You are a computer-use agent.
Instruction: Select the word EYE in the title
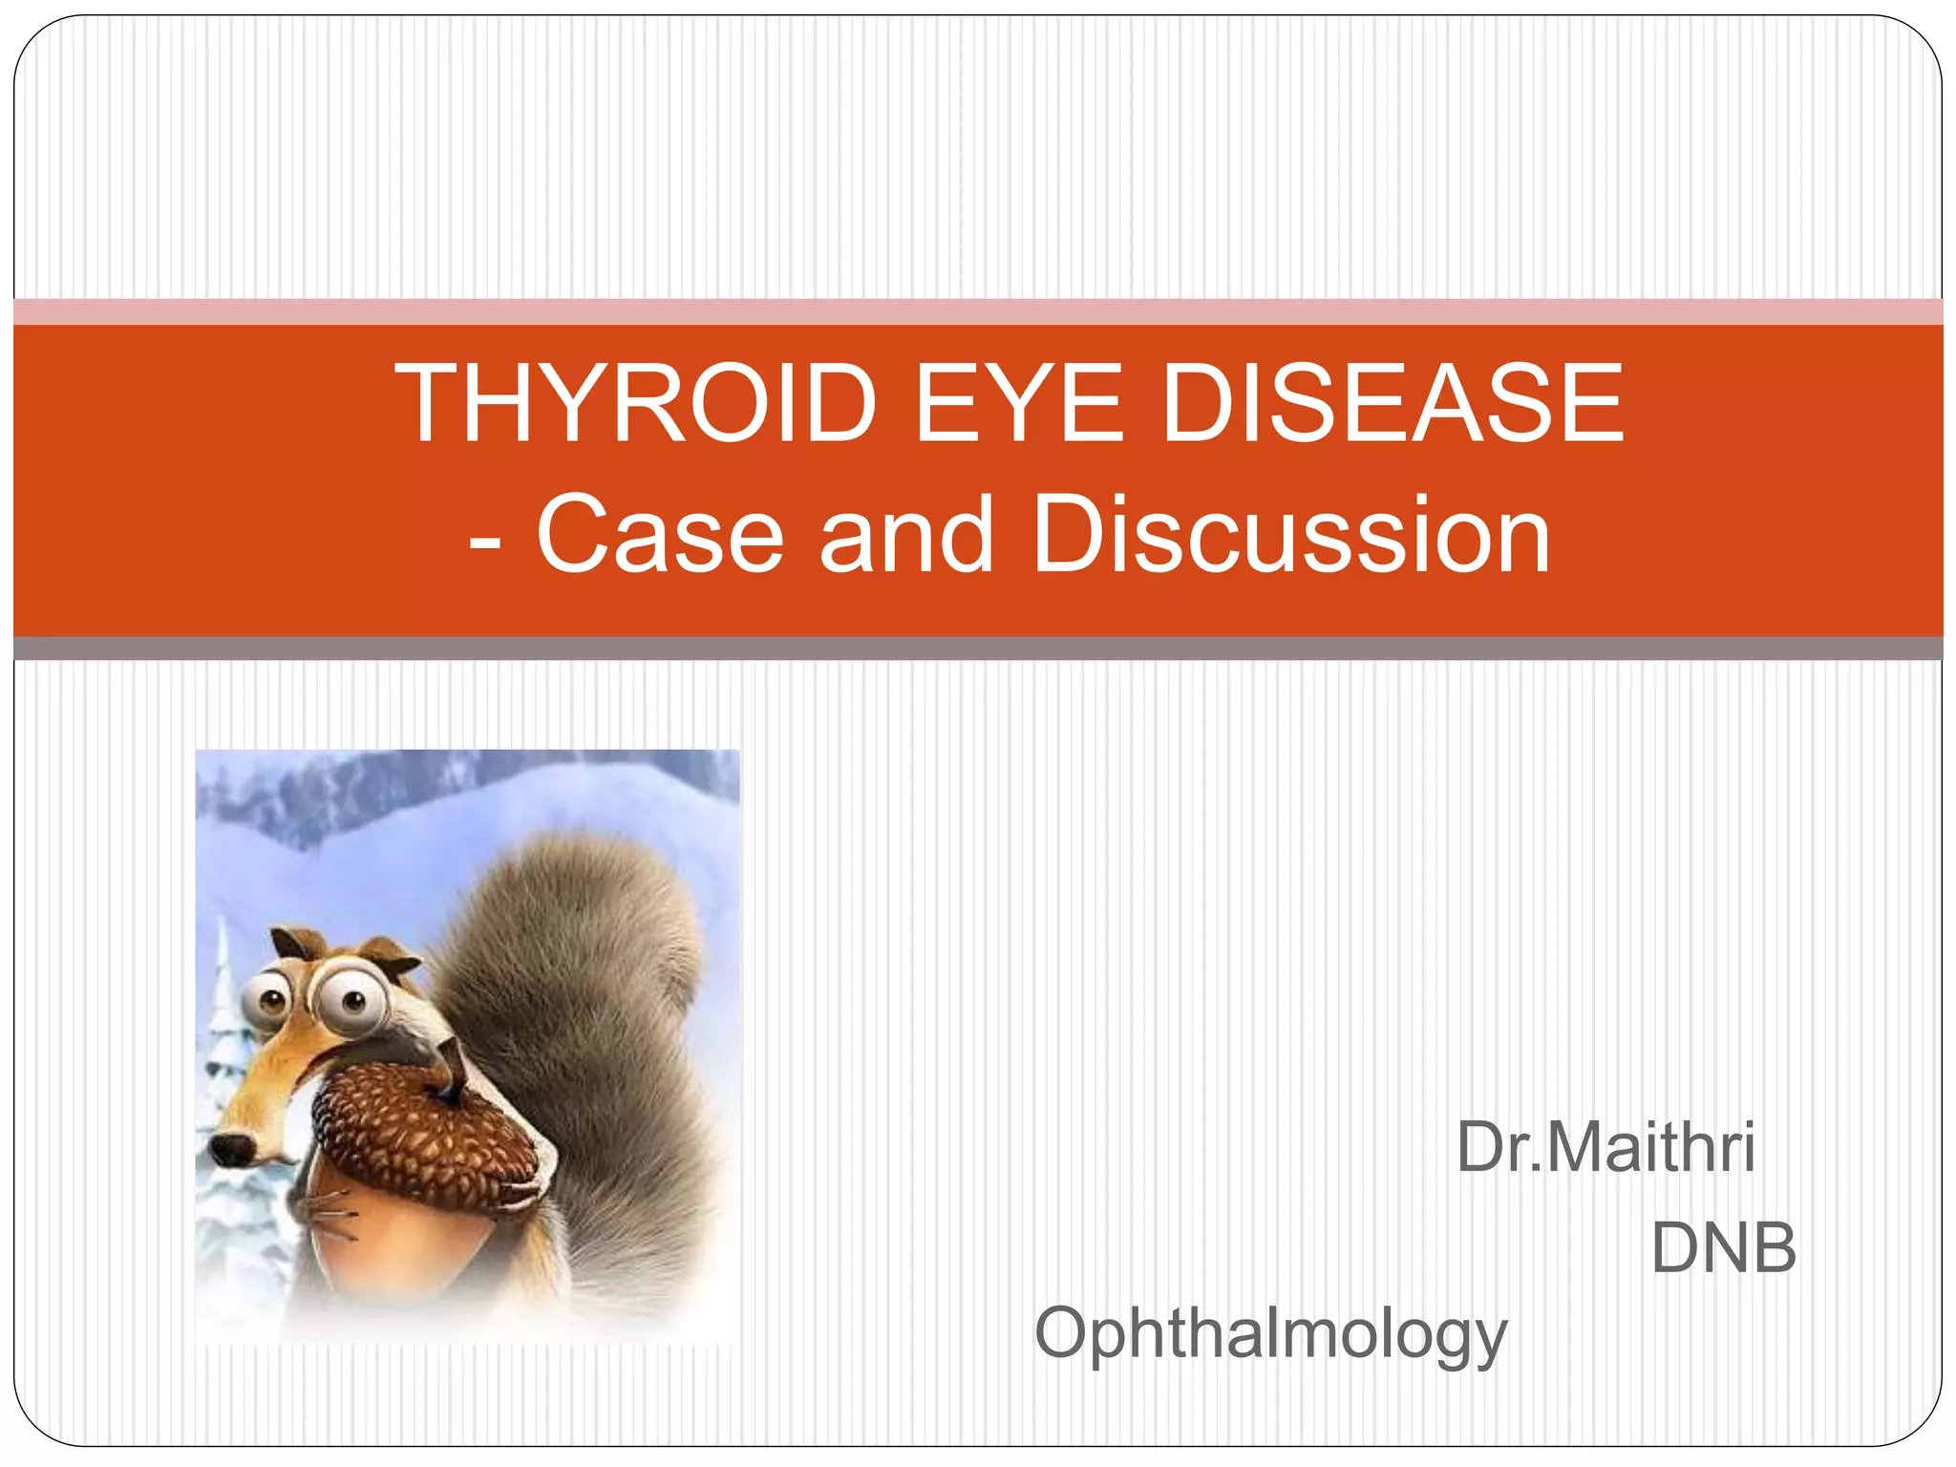click(1019, 404)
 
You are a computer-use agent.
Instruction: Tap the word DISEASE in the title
click(1393, 404)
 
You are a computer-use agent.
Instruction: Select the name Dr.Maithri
click(1605, 1148)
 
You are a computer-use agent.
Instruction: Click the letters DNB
click(1724, 1248)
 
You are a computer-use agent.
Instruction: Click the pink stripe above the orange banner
click(978, 311)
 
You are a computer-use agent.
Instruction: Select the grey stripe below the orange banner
click(978, 648)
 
